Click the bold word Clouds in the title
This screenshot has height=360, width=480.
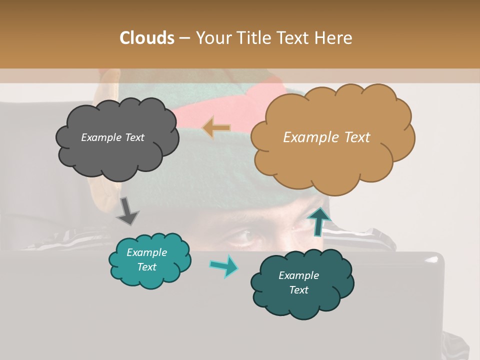tap(147, 38)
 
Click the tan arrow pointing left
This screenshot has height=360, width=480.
tap(216, 127)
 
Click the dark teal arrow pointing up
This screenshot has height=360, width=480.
tap(319, 221)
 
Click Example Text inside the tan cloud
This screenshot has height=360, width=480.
tap(326, 137)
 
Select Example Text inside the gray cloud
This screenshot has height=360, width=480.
tap(112, 137)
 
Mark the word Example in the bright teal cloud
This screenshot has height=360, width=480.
tap(146, 252)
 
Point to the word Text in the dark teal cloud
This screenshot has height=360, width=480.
tap(298, 290)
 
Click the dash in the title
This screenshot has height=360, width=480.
tap(184, 38)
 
